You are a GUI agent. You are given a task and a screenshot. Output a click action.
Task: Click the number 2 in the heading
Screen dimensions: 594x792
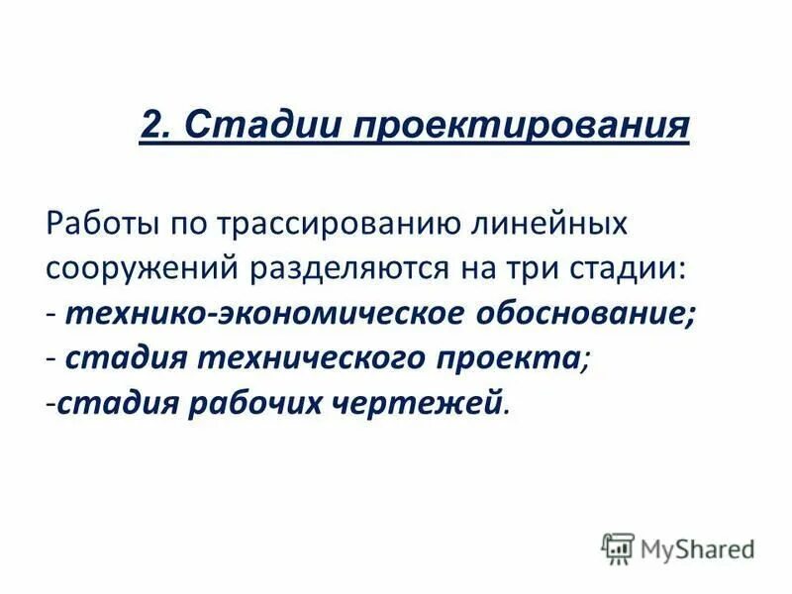point(152,125)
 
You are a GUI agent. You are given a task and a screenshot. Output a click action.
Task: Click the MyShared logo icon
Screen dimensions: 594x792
point(618,546)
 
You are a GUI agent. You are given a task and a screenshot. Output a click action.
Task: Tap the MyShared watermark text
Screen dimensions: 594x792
point(698,548)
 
